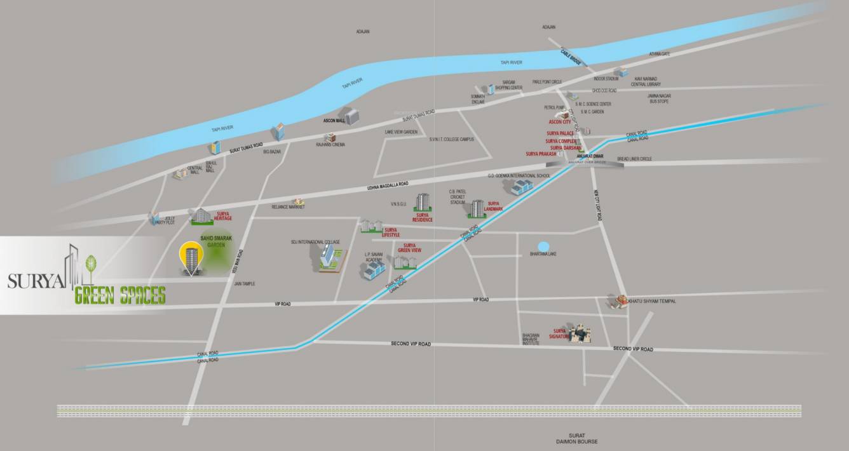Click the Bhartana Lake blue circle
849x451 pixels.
point(543,246)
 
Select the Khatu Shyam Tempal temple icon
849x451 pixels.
point(615,301)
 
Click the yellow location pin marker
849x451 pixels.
point(189,254)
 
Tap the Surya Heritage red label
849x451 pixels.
point(223,216)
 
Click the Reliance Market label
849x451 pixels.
point(289,207)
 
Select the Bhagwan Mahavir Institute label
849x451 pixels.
point(531,339)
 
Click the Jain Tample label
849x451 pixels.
point(244,283)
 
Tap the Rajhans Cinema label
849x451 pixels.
point(330,144)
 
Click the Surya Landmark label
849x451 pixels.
point(493,206)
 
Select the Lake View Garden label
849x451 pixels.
point(401,131)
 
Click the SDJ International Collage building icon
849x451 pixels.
point(328,257)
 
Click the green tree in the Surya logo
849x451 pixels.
point(90,264)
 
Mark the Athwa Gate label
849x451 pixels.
point(659,54)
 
